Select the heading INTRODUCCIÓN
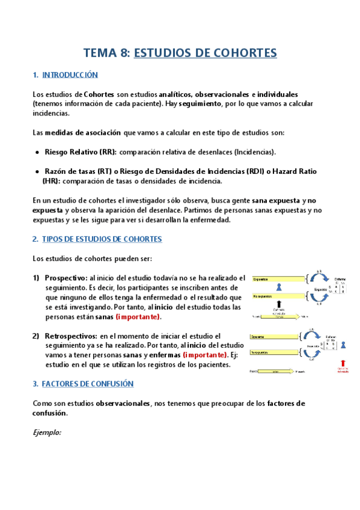pyautogui.click(x=70, y=75)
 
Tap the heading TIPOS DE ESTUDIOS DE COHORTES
pyautogui.click(x=102, y=239)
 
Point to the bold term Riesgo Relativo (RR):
pyautogui.click(x=81, y=152)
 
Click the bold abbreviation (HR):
pyautogui.click(x=51, y=181)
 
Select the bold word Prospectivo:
pyautogui.click(x=66, y=278)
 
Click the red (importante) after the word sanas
pyautogui.click(x=138, y=316)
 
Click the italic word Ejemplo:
pyautogui.click(x=47, y=432)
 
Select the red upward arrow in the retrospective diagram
pyautogui.click(x=343, y=364)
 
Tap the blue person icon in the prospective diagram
pyautogui.click(x=278, y=287)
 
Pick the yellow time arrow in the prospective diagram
pyautogui.click(x=279, y=316)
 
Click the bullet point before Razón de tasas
pyautogui.click(x=38, y=171)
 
